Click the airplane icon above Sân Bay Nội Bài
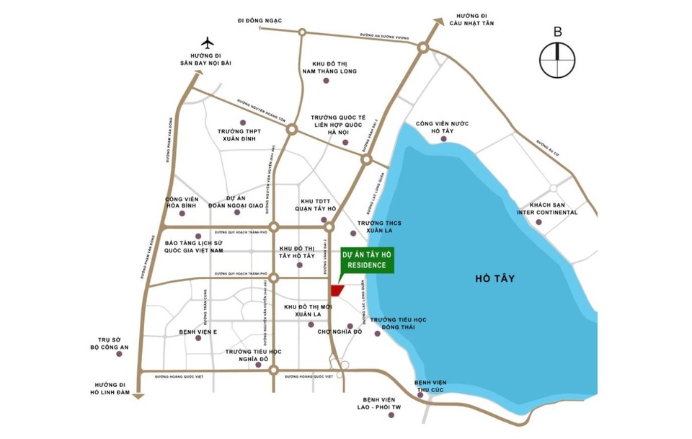(x=208, y=43)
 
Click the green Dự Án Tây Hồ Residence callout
(x=368, y=260)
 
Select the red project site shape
(x=336, y=290)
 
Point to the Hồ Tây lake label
(x=500, y=278)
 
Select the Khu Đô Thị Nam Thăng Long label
(x=330, y=67)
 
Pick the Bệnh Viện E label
(x=198, y=332)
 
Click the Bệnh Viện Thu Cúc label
(x=430, y=387)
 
